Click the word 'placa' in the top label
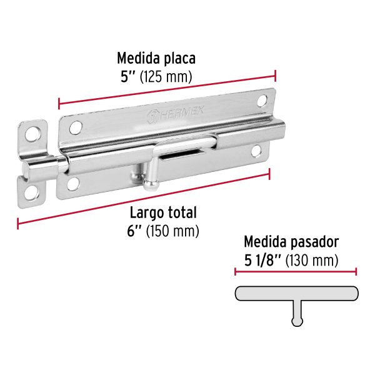coord(179,59)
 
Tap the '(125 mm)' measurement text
coord(165,77)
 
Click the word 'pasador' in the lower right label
coord(316,240)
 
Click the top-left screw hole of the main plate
coord(77,127)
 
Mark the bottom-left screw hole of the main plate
coord(73,183)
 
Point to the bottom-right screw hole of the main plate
coord(256,150)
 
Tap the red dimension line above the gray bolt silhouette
coord(296,271)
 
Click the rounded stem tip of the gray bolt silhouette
coord(296,322)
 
